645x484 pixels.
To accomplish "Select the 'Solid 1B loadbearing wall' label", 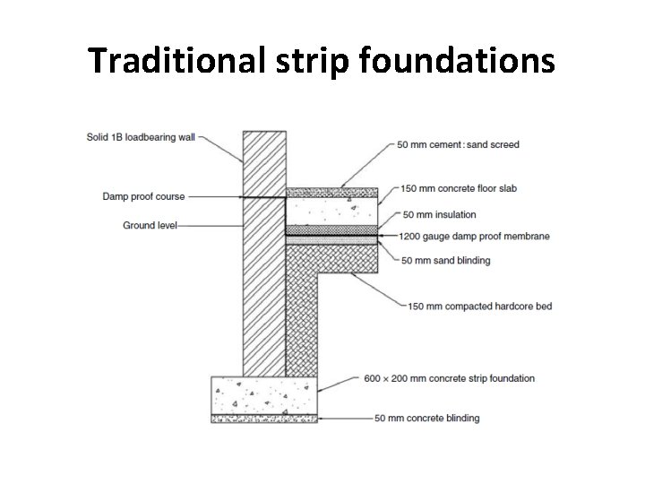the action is (x=141, y=137).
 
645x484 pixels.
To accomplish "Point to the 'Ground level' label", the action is (x=150, y=226).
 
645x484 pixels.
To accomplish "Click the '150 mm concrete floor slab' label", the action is (x=460, y=188).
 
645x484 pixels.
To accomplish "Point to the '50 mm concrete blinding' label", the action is (x=426, y=418).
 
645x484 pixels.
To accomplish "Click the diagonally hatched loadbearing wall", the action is (x=264, y=269).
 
